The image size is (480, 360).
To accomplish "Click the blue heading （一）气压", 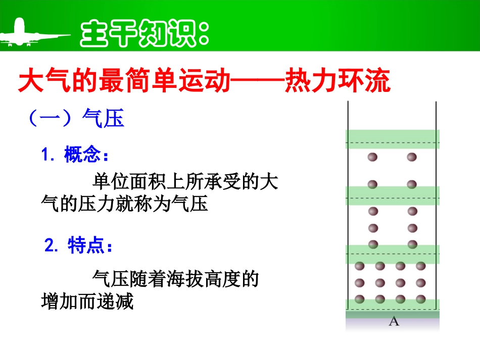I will point(75,119).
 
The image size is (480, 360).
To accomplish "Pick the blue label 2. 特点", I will point(79,246).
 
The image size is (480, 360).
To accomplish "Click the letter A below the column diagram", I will point(394,321).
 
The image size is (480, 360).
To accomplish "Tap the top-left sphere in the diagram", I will point(373,157).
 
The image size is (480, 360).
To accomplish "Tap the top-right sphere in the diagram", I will point(412,157).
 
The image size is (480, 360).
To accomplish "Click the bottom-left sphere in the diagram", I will point(360,298).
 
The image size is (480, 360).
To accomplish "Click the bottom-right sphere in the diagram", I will point(420,298).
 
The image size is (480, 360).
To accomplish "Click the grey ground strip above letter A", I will point(393,314).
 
